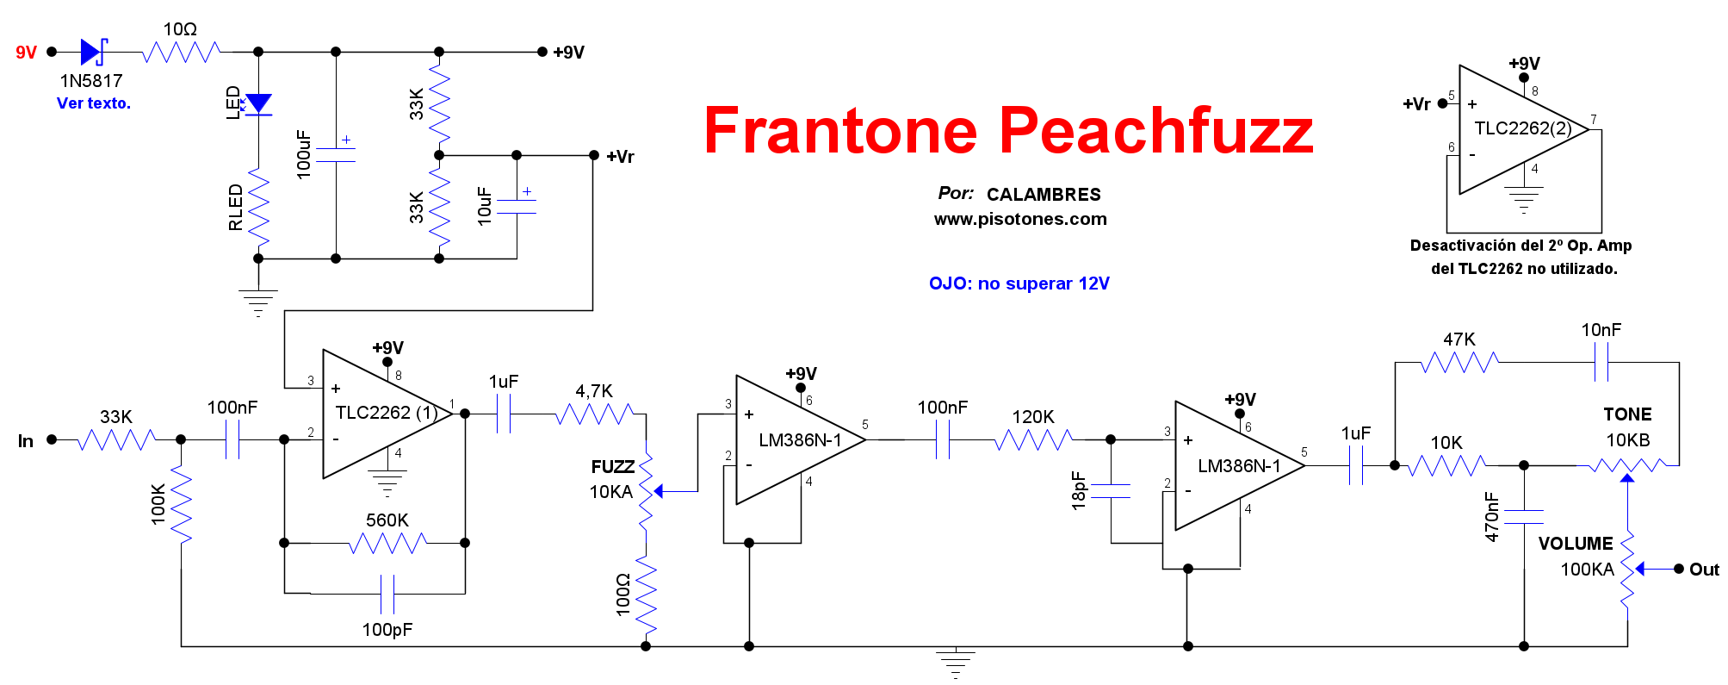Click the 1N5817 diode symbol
(92, 52)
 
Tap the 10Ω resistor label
(180, 29)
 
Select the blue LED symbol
(257, 104)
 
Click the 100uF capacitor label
(303, 154)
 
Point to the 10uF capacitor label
(484, 207)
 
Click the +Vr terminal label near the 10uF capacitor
(620, 157)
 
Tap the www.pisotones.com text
(1020, 219)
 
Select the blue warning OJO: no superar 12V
(1019, 283)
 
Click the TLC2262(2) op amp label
(1522, 128)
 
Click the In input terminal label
(26, 441)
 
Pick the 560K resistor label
(387, 520)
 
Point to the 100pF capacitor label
(387, 630)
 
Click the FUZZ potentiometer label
(612, 467)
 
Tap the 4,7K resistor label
(594, 391)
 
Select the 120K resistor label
(1032, 417)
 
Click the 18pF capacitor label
(1078, 490)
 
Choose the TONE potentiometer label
(1627, 414)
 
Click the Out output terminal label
(1704, 570)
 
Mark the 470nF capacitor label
(1491, 517)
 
